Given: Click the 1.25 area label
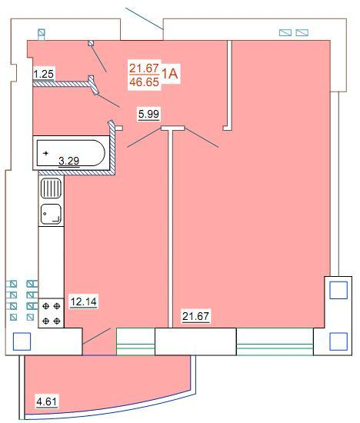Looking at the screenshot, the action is click(44, 74).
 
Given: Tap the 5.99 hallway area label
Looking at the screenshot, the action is click(148, 114).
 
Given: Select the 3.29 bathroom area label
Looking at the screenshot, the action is click(69, 161).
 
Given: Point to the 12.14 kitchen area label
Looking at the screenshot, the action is click(83, 301).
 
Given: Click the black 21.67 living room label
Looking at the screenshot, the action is click(195, 316).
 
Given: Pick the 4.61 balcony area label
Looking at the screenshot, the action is click(47, 401).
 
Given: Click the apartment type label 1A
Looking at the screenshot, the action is click(170, 73).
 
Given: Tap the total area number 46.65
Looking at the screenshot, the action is click(145, 82).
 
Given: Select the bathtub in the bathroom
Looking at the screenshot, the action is click(71, 153).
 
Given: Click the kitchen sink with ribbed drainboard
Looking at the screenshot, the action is click(51, 188).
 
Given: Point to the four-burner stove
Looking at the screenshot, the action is click(52, 313).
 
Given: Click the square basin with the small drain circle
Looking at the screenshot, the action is click(51, 215).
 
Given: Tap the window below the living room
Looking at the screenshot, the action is click(275, 341).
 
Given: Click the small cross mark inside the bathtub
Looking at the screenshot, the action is click(46, 153).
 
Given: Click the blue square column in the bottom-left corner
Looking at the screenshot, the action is click(22, 341).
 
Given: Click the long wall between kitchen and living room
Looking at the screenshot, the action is click(170, 227).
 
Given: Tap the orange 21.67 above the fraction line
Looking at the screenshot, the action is click(144, 68).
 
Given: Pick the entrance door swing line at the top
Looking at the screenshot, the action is click(144, 18).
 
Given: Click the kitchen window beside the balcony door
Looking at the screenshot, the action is click(135, 341).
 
